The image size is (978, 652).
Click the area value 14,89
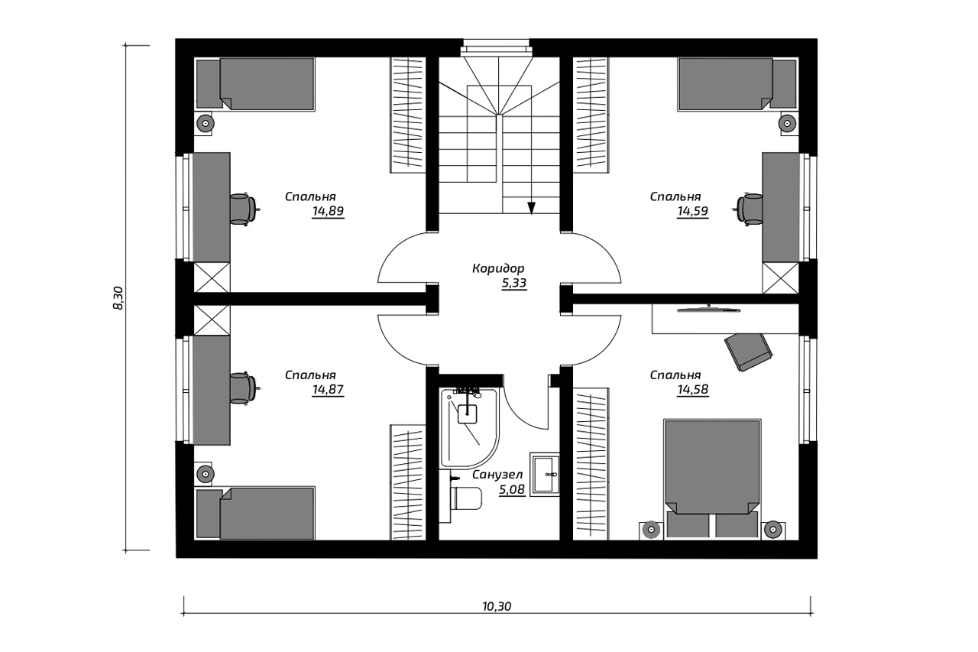coord(328,212)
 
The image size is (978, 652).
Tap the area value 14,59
coord(692,212)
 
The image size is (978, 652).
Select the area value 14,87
coord(328,390)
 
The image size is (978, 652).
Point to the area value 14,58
coord(692,390)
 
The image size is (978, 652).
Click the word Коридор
coord(498,268)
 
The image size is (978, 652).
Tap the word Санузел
coord(497,475)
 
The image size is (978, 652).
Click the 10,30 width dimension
coord(497,606)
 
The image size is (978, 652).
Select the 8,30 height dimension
coord(118,298)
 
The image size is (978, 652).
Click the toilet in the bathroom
coord(465,498)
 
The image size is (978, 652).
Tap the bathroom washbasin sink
coord(545,474)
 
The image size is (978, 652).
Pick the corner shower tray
coord(469,427)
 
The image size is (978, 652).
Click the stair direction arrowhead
coord(531,208)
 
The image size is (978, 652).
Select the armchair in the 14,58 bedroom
coord(748,352)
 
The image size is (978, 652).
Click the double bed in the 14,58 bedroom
coord(711,479)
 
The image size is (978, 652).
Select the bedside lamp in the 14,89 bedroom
coord(204,124)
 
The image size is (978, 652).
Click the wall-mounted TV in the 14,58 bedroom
coord(708,310)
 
